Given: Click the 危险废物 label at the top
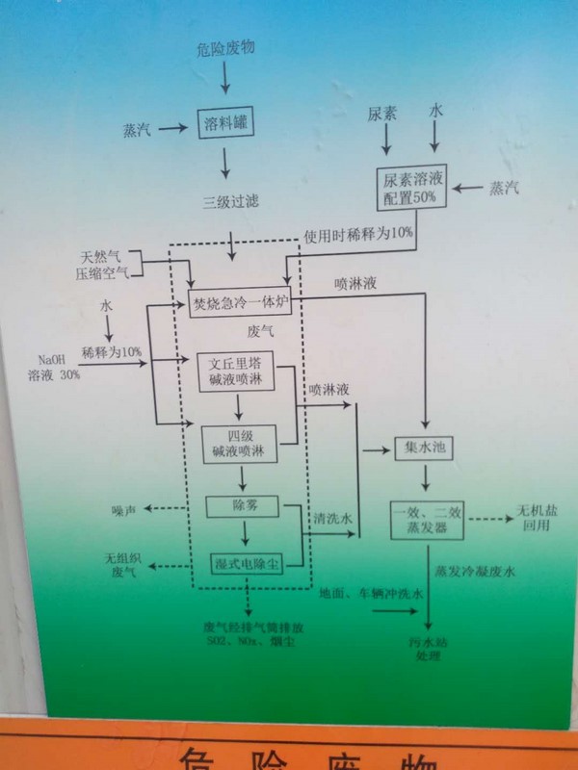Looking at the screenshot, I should pos(225,47).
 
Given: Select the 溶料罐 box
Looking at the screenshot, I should pos(225,124).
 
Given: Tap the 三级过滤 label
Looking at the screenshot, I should pos(229,202).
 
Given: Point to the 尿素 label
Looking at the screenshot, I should pos(383,114).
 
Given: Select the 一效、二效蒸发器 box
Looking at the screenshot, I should pos(428,520).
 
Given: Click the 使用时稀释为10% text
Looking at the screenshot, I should pos(358,234).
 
